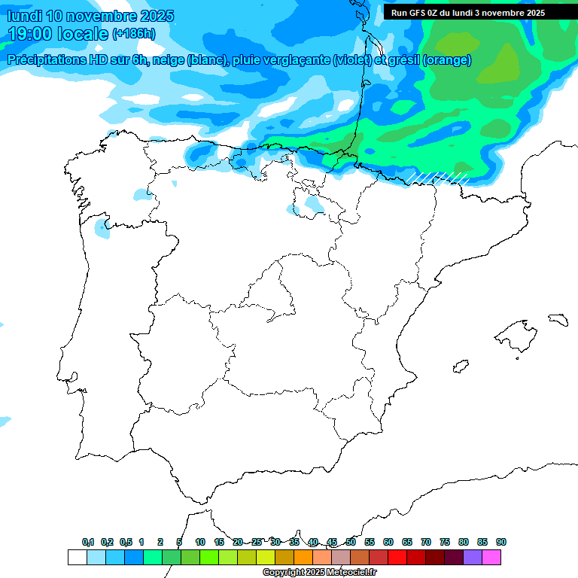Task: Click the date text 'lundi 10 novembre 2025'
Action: click(90, 16)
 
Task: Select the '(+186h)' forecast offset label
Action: click(134, 33)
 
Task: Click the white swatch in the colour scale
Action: click(77, 558)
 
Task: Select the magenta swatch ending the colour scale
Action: click(491, 558)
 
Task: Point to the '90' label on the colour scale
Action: click(501, 542)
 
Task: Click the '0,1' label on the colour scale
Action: click(88, 542)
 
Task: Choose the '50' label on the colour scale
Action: click(351, 542)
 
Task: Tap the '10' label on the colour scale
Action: click(200, 542)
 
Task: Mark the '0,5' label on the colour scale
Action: click(126, 542)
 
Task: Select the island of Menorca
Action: click(558, 320)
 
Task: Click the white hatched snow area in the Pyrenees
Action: click(440, 178)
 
